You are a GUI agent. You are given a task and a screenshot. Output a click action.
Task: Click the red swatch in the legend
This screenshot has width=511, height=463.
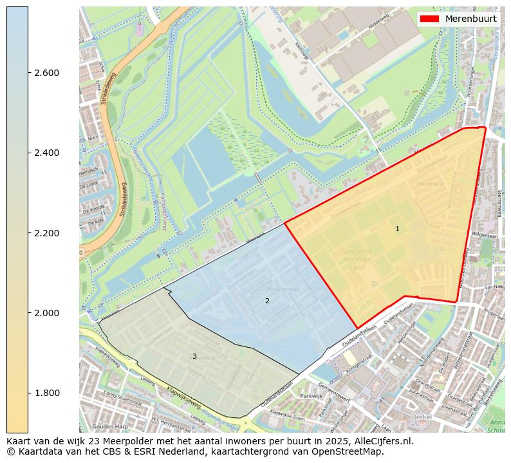point(429,19)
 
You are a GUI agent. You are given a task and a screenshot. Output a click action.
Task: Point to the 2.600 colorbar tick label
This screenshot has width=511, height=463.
point(46,73)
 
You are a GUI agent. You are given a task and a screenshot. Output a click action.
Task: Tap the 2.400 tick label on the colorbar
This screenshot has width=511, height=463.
point(46,153)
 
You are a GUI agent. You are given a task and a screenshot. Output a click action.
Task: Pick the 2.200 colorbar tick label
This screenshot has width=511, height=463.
point(46,233)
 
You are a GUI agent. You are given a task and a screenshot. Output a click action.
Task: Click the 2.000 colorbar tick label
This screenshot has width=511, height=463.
point(46,313)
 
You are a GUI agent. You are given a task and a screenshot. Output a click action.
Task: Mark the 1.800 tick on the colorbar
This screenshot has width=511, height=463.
point(46,393)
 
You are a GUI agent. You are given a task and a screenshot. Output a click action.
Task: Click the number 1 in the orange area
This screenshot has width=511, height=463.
point(397,229)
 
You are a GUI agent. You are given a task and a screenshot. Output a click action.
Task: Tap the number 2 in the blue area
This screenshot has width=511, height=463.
point(267,301)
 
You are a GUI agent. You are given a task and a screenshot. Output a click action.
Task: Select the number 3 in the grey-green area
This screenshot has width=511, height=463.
point(194,356)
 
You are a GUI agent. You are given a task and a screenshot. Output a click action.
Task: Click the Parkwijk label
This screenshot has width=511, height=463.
point(311,396)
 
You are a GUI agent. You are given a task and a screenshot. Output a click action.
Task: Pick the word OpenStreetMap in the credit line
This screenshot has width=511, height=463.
point(347,451)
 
